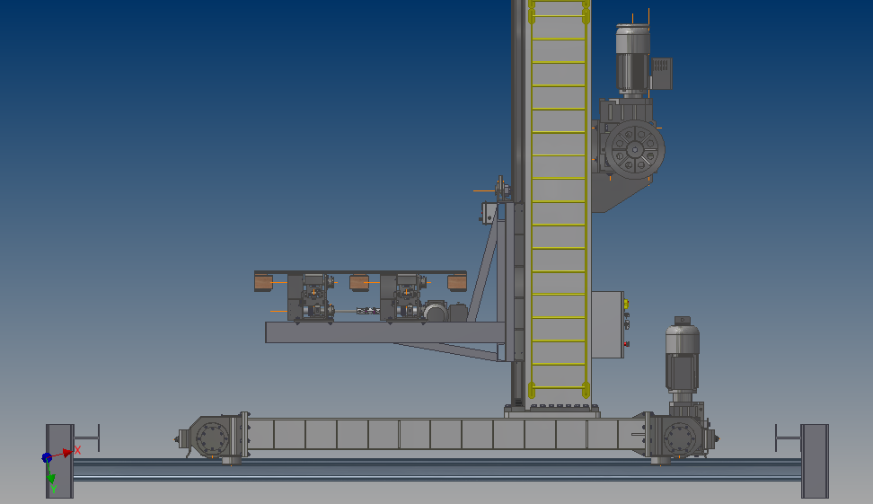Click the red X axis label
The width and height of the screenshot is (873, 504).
tap(77, 449)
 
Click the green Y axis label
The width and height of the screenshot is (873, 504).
tap(54, 489)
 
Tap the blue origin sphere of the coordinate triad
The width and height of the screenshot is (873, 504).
tap(47, 458)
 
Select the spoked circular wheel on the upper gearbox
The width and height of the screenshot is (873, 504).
tap(635, 149)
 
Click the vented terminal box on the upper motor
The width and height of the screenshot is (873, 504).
tap(661, 74)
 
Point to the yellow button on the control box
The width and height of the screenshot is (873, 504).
tap(626, 304)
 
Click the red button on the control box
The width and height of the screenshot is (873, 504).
tap(626, 344)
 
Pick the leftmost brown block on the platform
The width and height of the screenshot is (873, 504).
tap(263, 282)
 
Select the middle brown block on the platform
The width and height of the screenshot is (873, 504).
tap(359, 282)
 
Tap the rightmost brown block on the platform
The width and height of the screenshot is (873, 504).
tap(457, 282)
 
